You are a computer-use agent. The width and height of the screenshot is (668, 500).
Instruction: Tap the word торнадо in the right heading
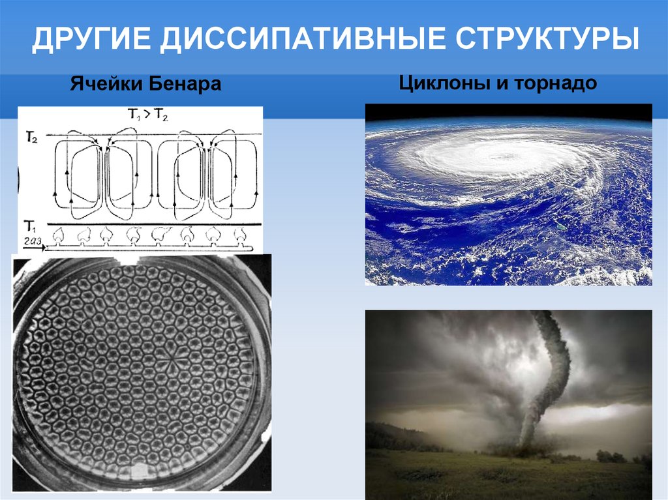click(556, 83)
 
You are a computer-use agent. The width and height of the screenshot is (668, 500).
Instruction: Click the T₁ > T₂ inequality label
click(148, 114)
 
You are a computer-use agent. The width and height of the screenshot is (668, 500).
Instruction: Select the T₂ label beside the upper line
click(32, 138)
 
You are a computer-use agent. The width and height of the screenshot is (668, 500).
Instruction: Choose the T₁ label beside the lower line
click(30, 226)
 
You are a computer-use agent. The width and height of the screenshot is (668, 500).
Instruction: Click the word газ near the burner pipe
click(32, 242)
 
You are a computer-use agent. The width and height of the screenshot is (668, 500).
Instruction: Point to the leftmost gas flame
click(58, 235)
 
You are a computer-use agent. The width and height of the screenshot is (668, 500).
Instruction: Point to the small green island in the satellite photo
click(561, 228)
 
